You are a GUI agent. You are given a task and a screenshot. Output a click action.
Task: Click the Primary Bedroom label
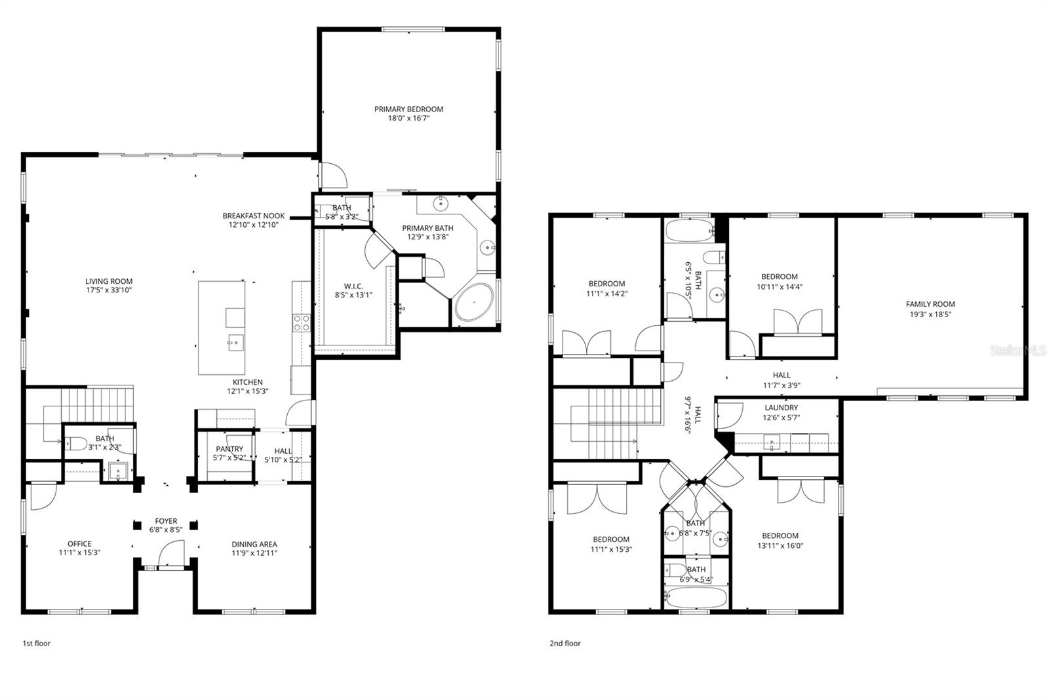point(408,109)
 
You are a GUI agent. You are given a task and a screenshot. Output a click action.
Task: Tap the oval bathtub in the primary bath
point(474,302)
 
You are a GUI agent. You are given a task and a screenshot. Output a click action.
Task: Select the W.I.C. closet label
point(353,286)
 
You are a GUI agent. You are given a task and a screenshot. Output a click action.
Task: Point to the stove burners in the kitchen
point(300,322)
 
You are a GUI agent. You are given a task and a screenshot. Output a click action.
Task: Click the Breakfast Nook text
point(253,216)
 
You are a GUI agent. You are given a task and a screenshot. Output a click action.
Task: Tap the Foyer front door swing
point(173,553)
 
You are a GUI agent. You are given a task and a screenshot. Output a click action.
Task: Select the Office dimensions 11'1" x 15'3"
point(79,553)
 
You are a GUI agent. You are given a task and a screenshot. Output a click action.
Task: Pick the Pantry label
point(229,449)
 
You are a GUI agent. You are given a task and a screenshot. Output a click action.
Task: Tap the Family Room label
point(930,304)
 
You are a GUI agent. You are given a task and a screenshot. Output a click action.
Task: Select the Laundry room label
point(781,408)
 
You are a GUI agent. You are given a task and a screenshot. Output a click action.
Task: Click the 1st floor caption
point(36,643)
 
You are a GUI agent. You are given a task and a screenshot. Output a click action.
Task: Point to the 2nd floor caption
point(564,643)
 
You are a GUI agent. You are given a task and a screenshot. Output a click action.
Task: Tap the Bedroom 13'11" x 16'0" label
point(780,535)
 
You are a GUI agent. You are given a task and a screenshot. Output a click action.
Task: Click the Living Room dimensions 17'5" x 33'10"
point(109,290)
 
